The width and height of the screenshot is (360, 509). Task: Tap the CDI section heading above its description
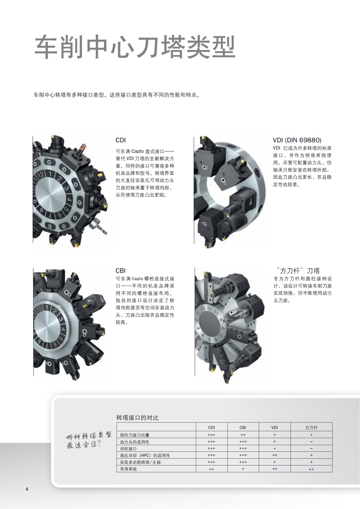121,140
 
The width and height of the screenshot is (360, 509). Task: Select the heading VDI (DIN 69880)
297,140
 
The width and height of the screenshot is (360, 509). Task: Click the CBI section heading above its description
121,271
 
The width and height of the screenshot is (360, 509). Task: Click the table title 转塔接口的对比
137,418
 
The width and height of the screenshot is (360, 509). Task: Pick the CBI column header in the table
243,427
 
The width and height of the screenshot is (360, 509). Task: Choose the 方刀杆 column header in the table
311,427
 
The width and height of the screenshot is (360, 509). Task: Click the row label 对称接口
128,449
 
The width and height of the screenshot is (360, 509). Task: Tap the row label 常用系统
128,469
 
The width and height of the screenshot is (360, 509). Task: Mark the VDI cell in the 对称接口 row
274,448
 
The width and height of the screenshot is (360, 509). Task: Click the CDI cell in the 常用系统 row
211,469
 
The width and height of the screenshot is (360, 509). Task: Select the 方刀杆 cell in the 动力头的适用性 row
311,442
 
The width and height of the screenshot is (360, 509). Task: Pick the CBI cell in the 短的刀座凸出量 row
243,435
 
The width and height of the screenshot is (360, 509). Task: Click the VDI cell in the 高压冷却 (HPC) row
274,455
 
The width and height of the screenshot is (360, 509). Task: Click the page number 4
27,489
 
